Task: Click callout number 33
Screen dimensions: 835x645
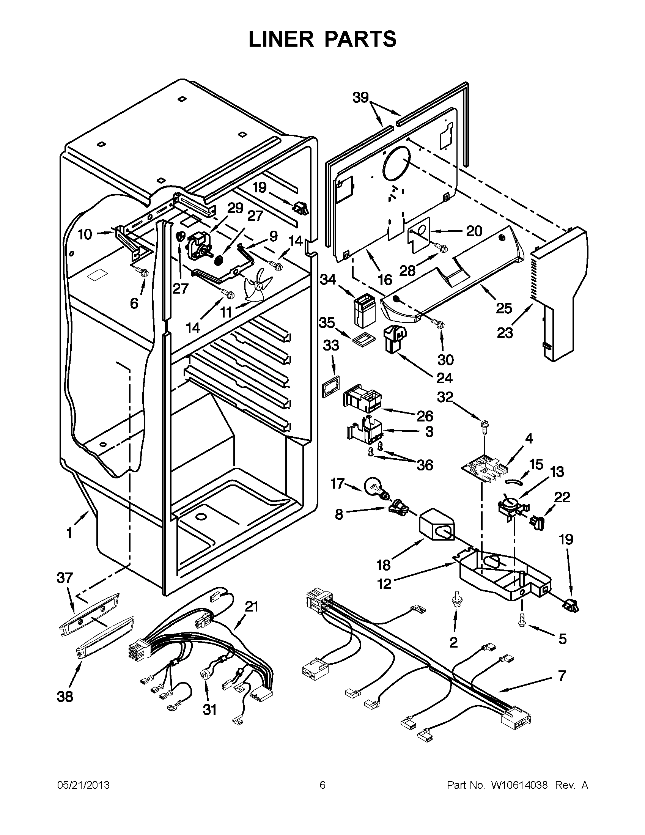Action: pyautogui.click(x=331, y=346)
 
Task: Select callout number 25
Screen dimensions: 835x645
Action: pyautogui.click(x=503, y=308)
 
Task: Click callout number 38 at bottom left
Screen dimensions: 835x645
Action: pyautogui.click(x=65, y=697)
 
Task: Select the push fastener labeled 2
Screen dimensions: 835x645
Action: pyautogui.click(x=455, y=599)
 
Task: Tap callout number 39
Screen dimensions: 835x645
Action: pyautogui.click(x=360, y=98)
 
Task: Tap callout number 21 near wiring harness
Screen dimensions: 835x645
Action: pyautogui.click(x=252, y=606)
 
